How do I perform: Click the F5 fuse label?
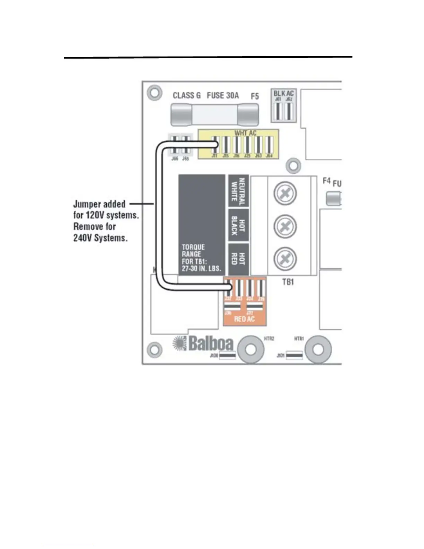(x=255, y=96)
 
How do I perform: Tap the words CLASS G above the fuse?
(x=187, y=95)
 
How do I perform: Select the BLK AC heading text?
(x=283, y=93)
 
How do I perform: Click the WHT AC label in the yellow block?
(x=245, y=133)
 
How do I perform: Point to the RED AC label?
(x=244, y=319)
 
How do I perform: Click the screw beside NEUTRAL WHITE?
(x=285, y=193)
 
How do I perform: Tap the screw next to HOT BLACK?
(x=285, y=227)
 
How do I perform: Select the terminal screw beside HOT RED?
(x=285, y=259)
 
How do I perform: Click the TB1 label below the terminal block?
(x=288, y=282)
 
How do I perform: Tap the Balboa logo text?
(x=211, y=343)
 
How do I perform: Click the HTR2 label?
(x=269, y=339)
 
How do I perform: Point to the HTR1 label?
(x=299, y=339)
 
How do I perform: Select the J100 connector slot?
(x=228, y=355)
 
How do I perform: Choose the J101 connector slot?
(x=294, y=355)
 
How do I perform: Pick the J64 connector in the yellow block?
(x=269, y=145)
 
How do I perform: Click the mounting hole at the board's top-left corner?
(x=154, y=93)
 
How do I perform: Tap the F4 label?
(x=326, y=181)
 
